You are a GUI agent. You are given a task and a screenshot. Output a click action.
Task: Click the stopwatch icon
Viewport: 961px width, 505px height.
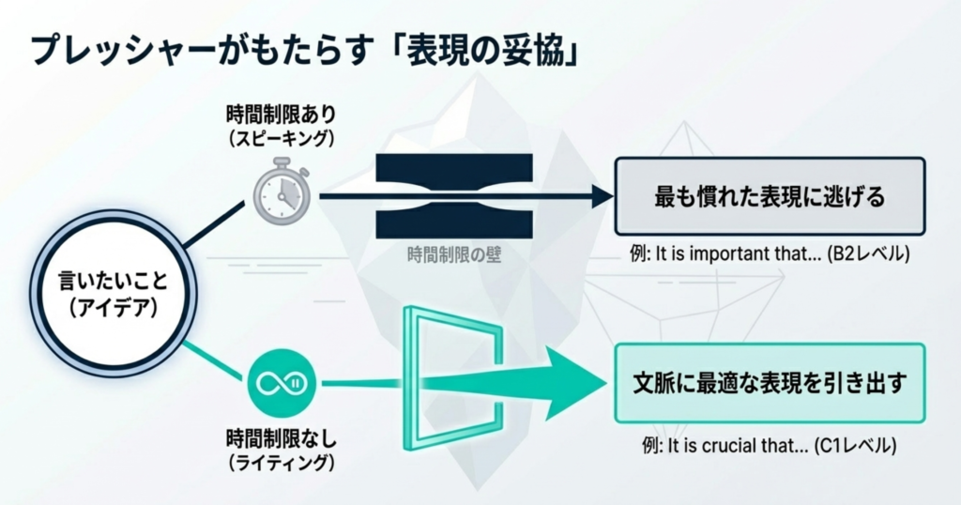click(x=281, y=193)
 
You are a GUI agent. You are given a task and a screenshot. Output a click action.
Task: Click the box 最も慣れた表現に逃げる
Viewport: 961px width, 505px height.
click(x=770, y=196)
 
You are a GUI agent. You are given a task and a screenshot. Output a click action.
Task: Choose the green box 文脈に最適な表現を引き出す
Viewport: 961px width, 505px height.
click(x=770, y=383)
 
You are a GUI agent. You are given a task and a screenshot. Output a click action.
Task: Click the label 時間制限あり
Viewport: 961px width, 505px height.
click(x=281, y=115)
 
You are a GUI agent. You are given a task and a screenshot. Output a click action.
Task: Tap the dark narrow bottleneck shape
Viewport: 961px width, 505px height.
click(x=454, y=195)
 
